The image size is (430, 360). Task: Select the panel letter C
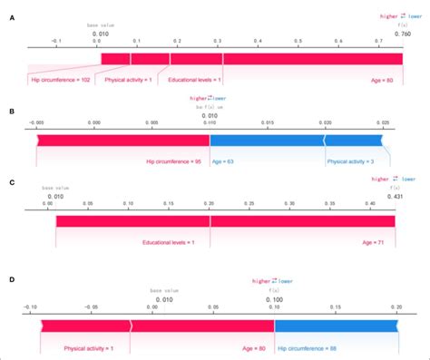click(10, 182)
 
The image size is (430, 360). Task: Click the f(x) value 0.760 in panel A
click(401, 34)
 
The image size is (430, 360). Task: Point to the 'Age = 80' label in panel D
click(252, 346)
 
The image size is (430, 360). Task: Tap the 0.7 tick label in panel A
click(378, 42)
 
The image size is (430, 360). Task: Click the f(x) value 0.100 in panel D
click(274, 298)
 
